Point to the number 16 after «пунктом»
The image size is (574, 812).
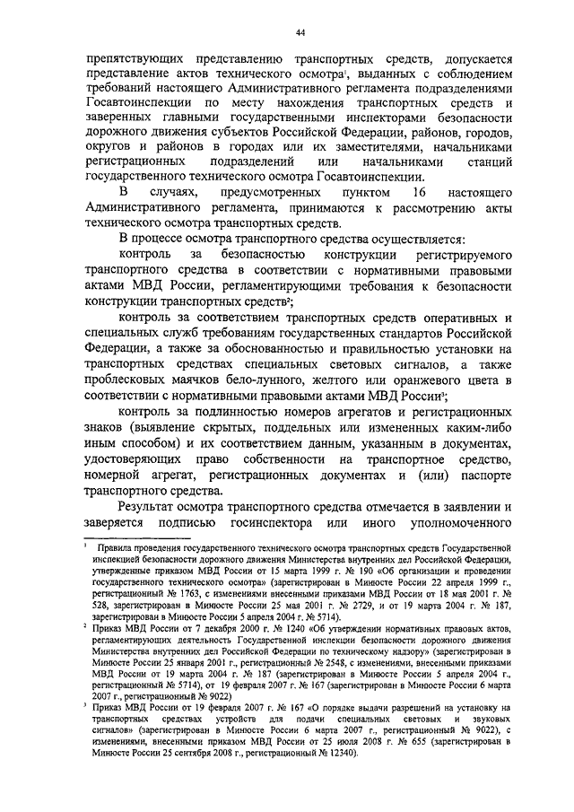(413, 195)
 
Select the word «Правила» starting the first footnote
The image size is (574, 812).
(120, 546)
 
